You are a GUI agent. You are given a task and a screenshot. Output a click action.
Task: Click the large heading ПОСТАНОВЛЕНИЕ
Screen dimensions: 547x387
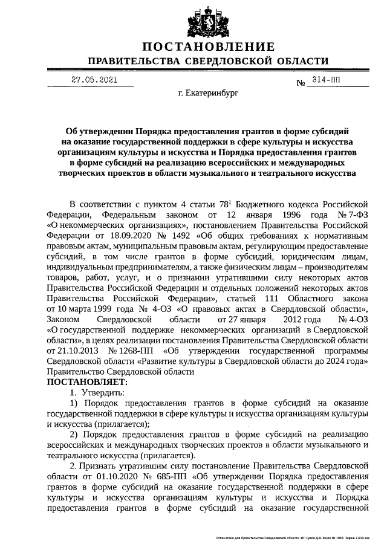coord(209,47)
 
